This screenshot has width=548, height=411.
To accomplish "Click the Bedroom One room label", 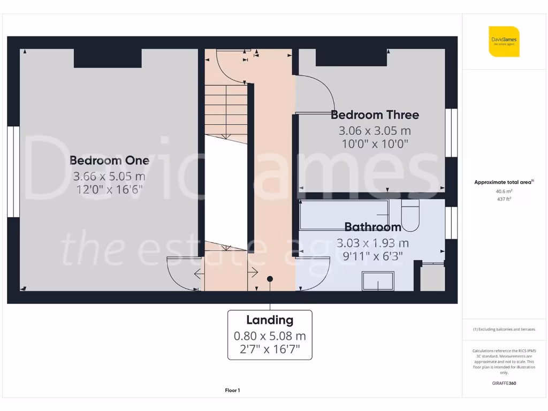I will point(109,161).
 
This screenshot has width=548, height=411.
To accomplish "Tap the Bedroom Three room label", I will point(375,115).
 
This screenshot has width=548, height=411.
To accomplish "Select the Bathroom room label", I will point(372,227).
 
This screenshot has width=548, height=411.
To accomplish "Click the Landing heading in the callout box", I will point(270,320).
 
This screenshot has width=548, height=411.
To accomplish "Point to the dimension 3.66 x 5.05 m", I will point(109,176).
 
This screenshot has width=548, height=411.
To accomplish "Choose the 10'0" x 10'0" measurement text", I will point(375,143).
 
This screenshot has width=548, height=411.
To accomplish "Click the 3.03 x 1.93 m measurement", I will point(372,242).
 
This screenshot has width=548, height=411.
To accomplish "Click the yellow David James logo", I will point(504,41).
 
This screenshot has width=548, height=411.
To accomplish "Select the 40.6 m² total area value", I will point(504,191).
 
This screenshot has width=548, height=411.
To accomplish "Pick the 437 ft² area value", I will point(504,199).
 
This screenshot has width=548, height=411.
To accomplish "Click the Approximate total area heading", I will point(503,182).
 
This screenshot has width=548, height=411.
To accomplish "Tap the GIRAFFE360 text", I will point(504,383).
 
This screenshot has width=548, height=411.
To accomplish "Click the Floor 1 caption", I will point(232,391).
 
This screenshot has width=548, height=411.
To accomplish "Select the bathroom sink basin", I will point(378,281).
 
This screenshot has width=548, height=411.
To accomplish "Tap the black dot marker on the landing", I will point(270,279).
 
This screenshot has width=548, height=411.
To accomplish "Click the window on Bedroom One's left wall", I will point(13,172).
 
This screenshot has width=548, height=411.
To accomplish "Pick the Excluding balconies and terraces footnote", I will point(504,330).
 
